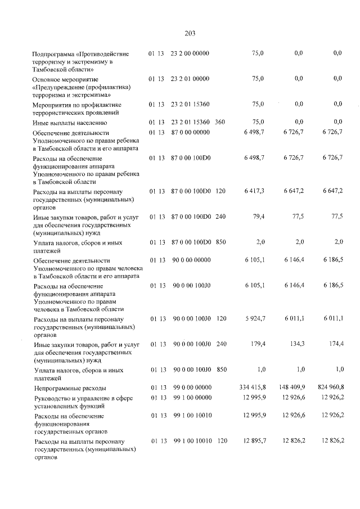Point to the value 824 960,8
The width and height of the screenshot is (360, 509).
coord(329,388)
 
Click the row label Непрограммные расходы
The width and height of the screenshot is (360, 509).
coord(70,388)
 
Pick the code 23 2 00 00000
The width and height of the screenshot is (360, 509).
coord(190,53)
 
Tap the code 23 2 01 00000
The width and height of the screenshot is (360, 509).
coord(190,79)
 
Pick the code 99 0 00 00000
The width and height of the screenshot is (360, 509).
coord(190,388)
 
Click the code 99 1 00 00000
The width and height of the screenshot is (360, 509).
coord(190,398)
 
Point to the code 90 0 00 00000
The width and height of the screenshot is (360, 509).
coord(190,260)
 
